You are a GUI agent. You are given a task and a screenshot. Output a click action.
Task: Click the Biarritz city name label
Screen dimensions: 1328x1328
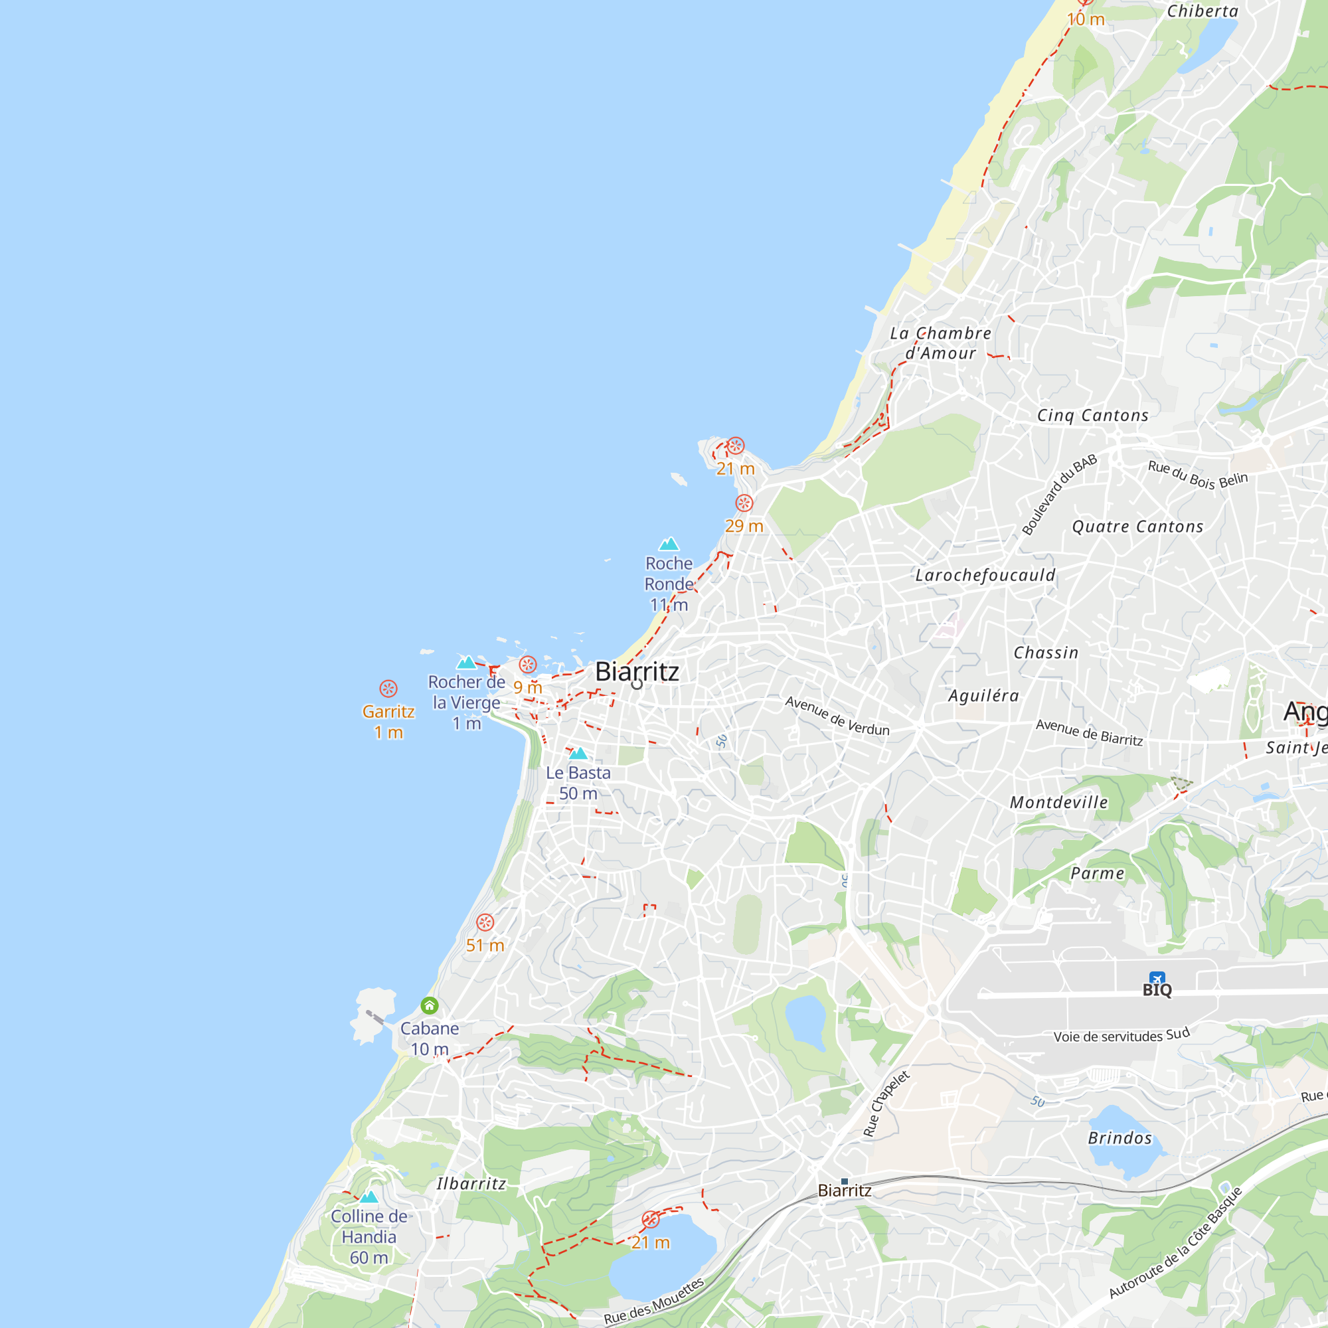(637, 671)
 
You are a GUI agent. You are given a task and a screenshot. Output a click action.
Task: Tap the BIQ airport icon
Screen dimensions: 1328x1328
(1157, 978)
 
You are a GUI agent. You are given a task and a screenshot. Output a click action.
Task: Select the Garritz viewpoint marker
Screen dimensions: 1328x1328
(388, 689)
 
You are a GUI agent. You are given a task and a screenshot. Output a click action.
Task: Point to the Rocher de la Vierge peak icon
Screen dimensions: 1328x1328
(467, 663)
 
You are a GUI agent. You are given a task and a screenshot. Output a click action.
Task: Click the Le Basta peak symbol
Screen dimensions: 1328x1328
(578, 754)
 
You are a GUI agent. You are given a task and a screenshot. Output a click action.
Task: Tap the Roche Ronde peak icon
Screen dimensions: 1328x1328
(669, 544)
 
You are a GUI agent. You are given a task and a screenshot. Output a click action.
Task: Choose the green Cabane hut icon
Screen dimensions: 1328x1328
(430, 1005)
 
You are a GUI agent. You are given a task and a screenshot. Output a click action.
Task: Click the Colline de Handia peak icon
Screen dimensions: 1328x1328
(369, 1197)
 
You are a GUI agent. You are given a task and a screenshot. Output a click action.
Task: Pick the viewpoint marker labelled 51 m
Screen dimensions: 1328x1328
(485, 922)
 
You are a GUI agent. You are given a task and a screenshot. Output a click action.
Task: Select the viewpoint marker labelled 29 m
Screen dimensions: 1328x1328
(744, 503)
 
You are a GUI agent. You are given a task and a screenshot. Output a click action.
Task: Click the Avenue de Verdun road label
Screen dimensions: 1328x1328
(837, 716)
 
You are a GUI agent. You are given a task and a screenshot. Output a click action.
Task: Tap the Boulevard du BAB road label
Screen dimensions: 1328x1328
(1058, 494)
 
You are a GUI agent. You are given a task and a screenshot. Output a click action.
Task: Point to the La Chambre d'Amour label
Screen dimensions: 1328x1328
(940, 343)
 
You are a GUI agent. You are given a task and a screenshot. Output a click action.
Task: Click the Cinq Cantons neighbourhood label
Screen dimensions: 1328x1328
(1092, 415)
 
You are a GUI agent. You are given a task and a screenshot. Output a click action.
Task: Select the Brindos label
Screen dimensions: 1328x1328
(1120, 1138)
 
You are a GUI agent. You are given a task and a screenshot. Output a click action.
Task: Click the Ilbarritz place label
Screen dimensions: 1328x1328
(471, 1184)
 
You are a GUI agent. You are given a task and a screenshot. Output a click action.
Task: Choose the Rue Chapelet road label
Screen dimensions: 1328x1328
(886, 1103)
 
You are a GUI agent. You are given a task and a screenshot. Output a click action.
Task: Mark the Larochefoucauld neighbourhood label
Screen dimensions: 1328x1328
(985, 575)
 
